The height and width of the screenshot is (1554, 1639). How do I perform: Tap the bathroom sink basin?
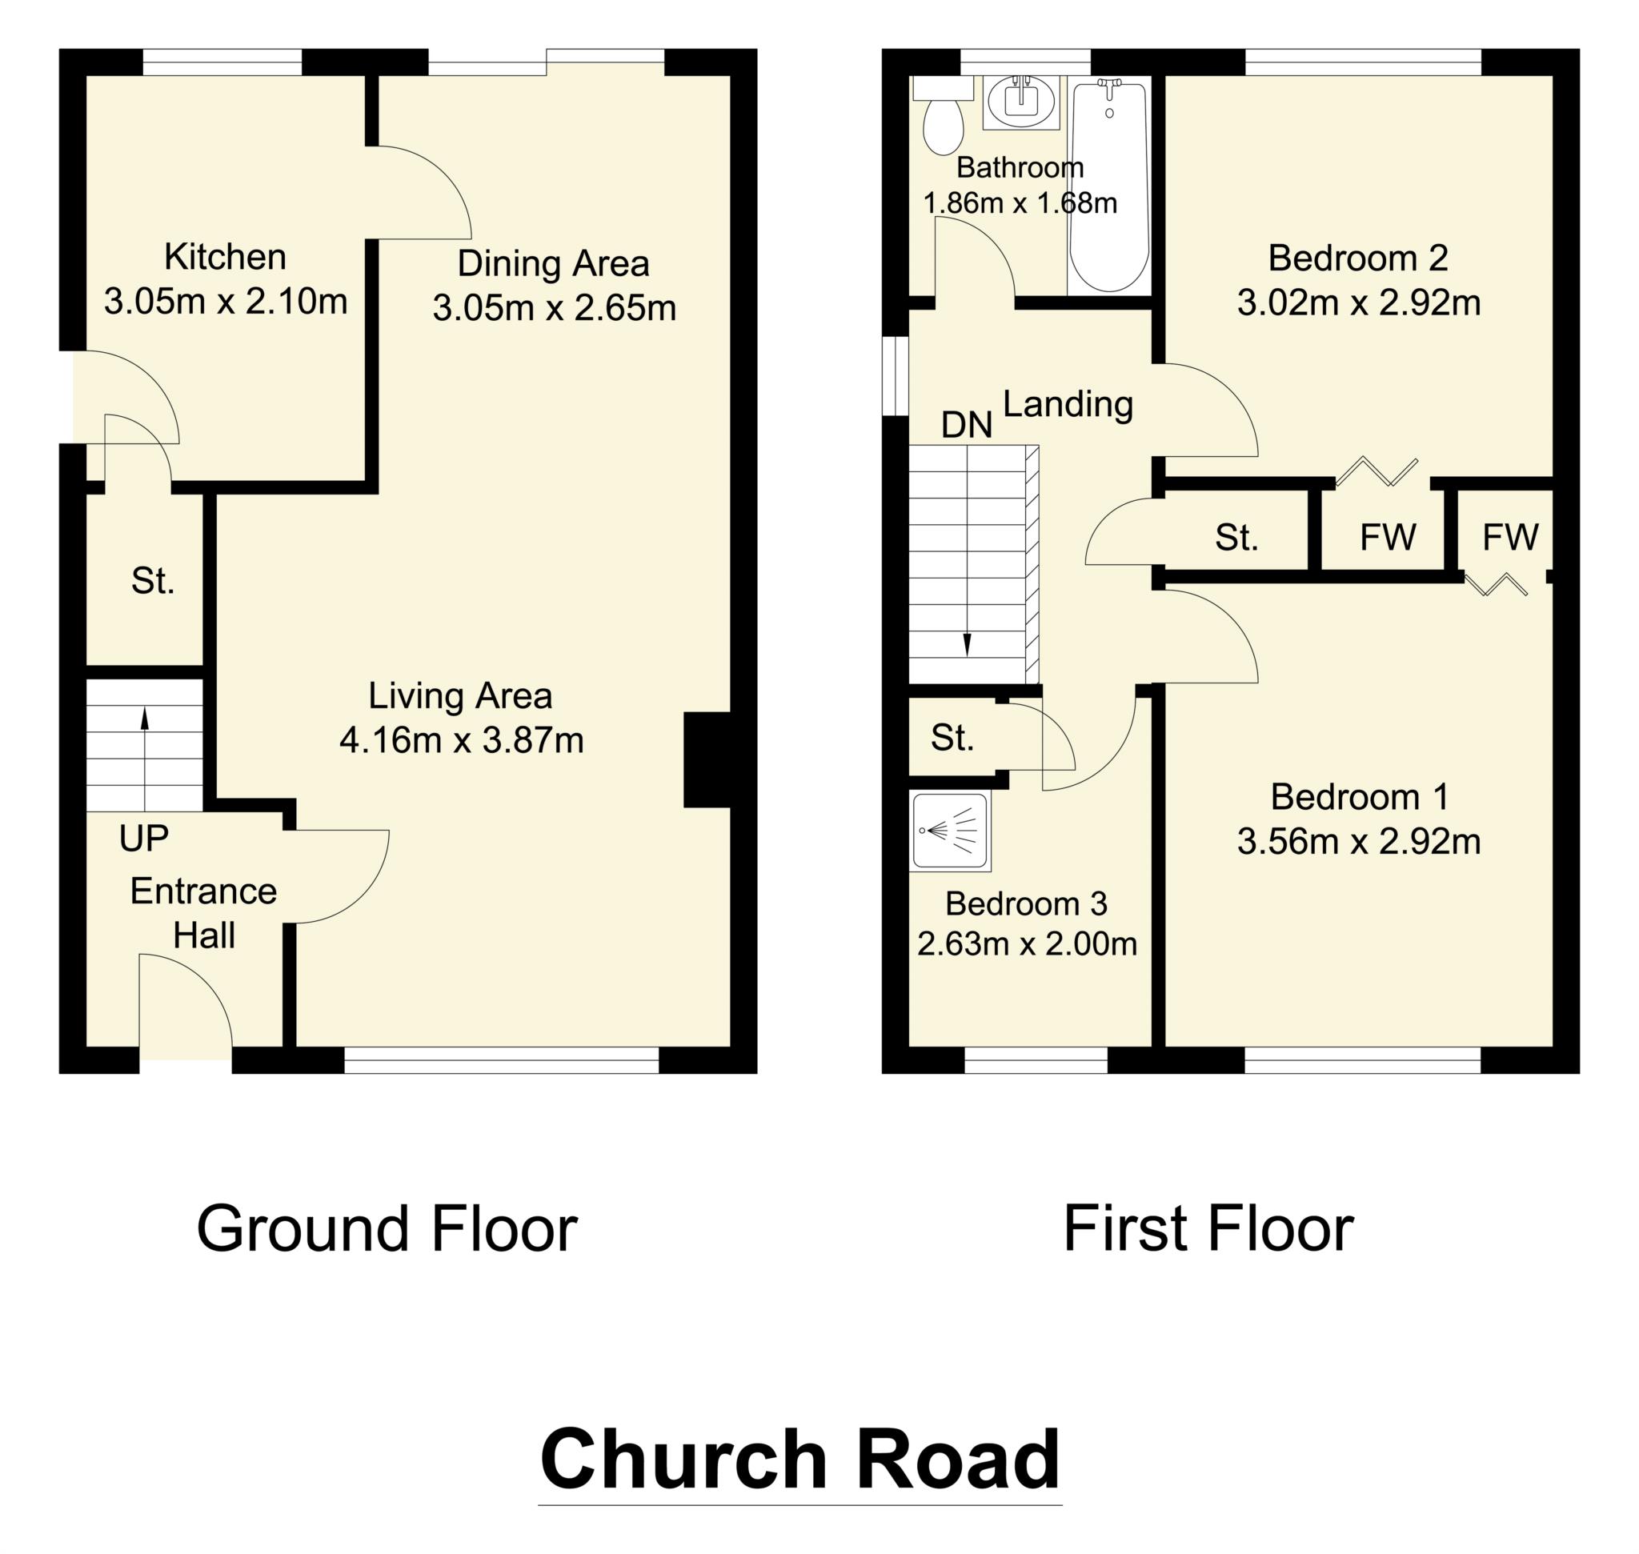1021,102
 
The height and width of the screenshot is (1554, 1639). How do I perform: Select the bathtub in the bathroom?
1108,186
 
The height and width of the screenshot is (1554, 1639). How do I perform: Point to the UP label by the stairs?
143,839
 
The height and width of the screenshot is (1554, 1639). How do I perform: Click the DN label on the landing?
966,425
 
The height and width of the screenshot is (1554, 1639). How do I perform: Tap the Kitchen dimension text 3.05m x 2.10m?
226,302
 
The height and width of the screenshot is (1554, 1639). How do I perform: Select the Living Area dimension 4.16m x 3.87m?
462,740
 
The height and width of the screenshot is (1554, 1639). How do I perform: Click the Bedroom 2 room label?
1357,258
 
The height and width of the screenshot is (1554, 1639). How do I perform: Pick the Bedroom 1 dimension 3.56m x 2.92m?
1358,842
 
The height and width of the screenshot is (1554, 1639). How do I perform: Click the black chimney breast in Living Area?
706,759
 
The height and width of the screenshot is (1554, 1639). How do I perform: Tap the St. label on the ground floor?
153,582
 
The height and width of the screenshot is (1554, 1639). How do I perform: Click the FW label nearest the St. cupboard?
1387,538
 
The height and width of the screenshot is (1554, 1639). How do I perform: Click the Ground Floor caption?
386,1229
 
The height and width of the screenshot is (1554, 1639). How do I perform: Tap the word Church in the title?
683,1459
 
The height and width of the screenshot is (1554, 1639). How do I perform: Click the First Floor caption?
1208,1229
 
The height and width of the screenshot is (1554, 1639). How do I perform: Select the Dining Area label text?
553,264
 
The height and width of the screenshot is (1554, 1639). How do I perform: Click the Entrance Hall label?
204,913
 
